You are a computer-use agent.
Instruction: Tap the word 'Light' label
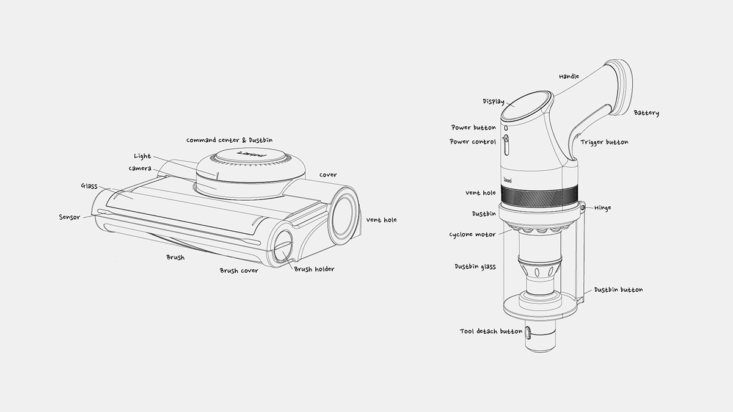[142, 156]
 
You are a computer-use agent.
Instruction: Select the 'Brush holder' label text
[314, 269]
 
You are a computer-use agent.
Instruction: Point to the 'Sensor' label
[69, 217]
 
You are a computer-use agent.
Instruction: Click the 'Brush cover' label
[239, 270]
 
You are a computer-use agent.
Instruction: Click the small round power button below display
[506, 128]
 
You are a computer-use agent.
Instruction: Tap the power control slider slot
[506, 145]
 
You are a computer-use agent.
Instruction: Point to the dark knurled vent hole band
[539, 197]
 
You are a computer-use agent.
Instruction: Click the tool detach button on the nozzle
[528, 332]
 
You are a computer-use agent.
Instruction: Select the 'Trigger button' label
[604, 142]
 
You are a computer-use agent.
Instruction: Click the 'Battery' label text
[646, 113]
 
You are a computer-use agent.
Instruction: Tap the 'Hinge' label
[602, 208]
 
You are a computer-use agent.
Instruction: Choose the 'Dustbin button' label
[618, 289]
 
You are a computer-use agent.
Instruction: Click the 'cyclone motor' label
[472, 234]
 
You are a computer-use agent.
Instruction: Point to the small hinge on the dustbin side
[583, 208]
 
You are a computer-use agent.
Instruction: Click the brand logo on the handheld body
[508, 179]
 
